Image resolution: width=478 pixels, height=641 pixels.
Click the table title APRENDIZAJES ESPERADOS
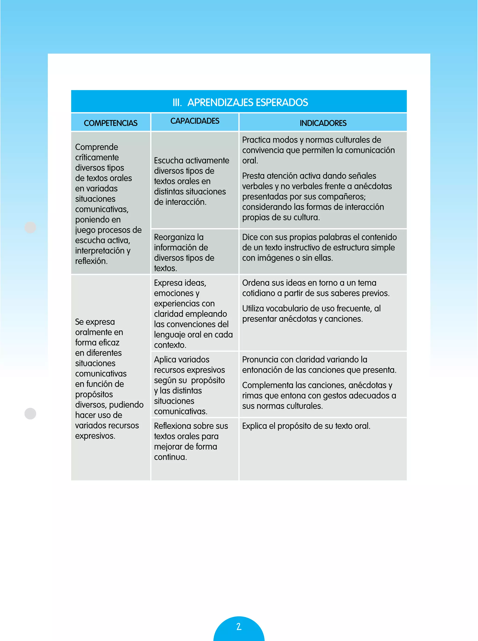247,102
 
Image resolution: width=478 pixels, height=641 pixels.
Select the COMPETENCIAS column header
111,123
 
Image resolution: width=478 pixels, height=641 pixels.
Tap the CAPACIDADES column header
195,121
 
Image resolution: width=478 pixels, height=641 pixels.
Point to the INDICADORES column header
323,123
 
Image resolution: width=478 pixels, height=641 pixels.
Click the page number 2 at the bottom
239,627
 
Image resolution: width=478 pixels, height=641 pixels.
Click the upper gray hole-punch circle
30,227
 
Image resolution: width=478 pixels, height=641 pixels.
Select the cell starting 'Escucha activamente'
192,181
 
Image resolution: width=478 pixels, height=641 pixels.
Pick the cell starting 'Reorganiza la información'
184,252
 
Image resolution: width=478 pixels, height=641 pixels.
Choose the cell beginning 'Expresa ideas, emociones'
193,314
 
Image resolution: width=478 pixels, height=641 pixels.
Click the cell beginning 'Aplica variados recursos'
189,385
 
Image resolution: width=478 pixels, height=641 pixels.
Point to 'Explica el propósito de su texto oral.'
306,426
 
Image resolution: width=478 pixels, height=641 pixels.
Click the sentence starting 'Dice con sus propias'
320,247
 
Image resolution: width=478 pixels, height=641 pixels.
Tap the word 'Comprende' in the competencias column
97,147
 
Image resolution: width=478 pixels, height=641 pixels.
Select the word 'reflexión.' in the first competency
91,261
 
